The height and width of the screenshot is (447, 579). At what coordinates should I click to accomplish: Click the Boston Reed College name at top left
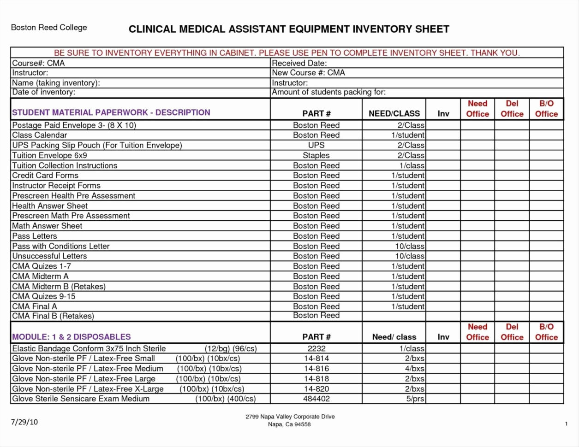[49, 28]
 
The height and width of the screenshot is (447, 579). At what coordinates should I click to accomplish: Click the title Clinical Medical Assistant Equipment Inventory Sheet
[289, 29]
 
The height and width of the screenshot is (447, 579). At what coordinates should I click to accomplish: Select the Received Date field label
[299, 63]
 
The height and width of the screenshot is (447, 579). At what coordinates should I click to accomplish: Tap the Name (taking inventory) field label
[56, 83]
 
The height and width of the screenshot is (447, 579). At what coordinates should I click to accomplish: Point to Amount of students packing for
[328, 92]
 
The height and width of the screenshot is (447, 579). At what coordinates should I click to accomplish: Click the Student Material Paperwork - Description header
[111, 112]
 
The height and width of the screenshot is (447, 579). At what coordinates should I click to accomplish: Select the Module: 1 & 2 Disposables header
[71, 337]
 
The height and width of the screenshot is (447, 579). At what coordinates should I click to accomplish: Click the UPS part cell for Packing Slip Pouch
[316, 145]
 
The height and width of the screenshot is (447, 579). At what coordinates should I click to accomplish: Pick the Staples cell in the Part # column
[316, 155]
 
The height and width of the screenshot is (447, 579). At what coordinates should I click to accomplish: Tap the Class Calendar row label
[39, 135]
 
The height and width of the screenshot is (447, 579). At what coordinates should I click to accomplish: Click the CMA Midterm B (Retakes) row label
[59, 286]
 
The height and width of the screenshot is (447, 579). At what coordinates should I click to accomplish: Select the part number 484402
[316, 399]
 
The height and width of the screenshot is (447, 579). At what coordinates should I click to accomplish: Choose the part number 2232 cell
[316, 349]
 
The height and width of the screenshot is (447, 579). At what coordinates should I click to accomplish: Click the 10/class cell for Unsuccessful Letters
[409, 256]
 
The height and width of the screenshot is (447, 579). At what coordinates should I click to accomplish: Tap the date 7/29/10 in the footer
[24, 422]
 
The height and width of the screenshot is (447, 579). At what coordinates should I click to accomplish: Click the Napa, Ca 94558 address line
[289, 424]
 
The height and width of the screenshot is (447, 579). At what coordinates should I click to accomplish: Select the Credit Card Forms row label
[45, 176]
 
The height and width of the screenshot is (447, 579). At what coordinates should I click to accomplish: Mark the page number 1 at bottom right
[566, 424]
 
